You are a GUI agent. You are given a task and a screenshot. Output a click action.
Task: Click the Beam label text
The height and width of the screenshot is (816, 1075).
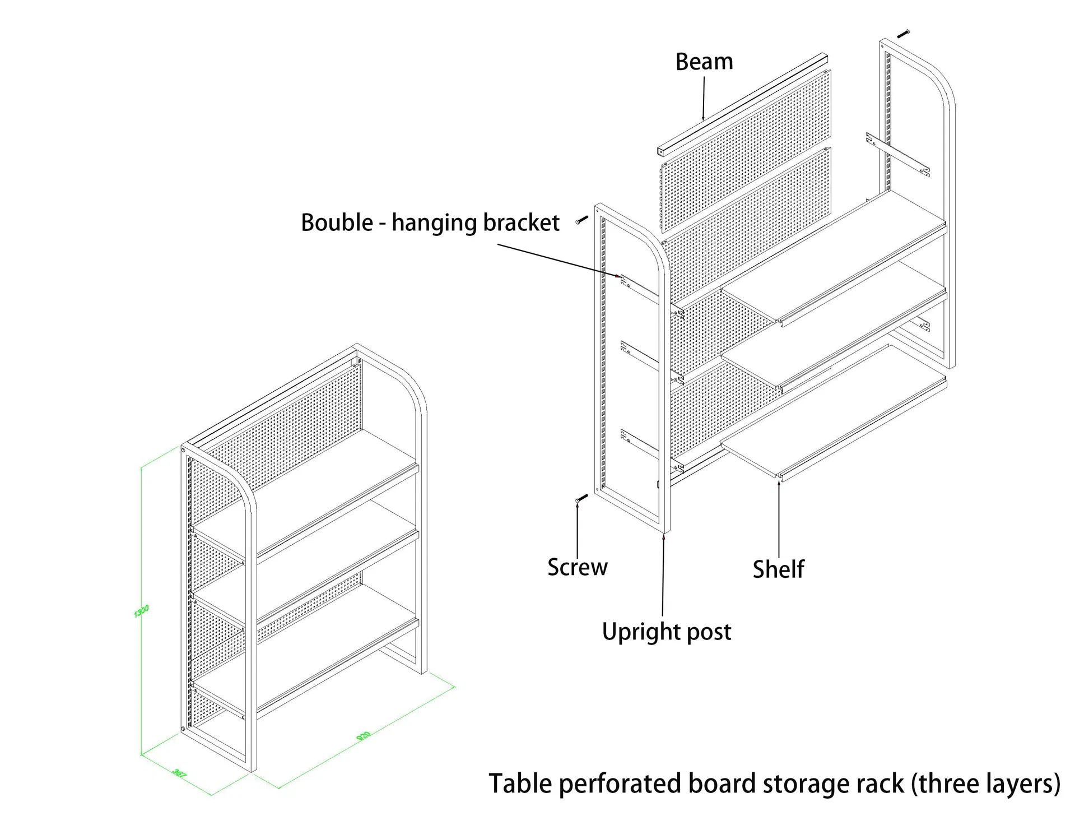[x=704, y=62]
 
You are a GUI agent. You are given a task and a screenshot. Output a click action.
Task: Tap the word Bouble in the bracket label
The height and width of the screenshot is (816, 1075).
[x=337, y=222]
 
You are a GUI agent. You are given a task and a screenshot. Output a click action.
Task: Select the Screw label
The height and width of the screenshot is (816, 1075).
[x=577, y=567]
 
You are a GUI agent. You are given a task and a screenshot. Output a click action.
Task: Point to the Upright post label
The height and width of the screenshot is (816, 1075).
[x=666, y=632]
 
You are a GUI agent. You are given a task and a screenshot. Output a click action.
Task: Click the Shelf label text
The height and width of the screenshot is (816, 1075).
[x=778, y=569]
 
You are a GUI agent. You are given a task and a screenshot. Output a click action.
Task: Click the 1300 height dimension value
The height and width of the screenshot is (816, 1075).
[x=141, y=611]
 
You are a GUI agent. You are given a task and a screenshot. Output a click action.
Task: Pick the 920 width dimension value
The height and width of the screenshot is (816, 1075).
[x=364, y=736]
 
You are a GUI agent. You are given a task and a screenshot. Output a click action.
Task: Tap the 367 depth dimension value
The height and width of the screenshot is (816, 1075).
[x=179, y=773]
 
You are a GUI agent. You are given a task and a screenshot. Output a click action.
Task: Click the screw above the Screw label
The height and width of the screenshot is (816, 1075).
[x=581, y=498]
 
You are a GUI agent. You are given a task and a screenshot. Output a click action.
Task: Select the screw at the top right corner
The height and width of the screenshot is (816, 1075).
[x=903, y=34]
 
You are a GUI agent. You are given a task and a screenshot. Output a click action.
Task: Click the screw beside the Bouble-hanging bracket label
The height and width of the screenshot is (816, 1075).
[x=582, y=220]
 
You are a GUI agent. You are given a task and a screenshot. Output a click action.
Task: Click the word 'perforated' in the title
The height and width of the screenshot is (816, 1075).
[x=622, y=783]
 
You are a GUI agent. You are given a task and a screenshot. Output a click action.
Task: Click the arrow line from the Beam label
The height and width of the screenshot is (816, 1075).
[x=704, y=98]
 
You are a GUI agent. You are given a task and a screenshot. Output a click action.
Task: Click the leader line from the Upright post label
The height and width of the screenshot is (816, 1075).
[x=663, y=577]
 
